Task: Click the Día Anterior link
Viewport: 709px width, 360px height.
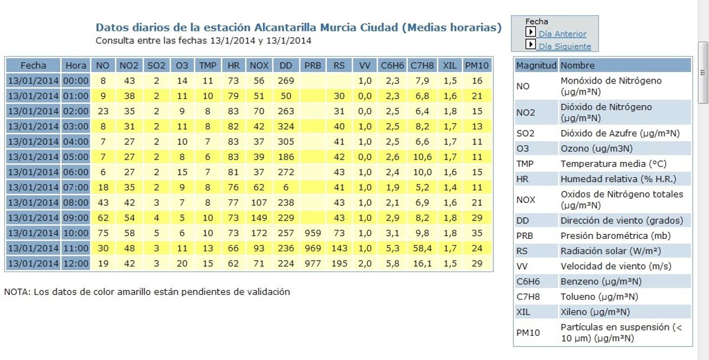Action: coord(562,34)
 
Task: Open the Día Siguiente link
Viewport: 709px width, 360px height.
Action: coord(564,47)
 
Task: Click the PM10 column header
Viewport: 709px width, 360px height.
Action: coord(477,65)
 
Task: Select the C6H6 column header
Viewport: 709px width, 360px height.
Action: coord(392,65)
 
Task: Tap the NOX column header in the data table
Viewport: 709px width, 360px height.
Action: coord(259,65)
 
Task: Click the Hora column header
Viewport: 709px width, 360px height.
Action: coord(76,65)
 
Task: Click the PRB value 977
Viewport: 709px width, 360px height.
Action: coord(313,263)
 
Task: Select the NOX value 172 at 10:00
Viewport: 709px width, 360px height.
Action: coord(259,232)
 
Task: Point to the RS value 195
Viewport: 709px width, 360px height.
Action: coord(339,263)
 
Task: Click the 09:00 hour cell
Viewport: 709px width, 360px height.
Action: coord(76,218)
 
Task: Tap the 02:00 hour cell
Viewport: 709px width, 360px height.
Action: coord(76,111)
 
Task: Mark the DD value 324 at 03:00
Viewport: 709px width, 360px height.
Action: coord(285,126)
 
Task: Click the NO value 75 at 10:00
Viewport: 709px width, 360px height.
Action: coord(103,232)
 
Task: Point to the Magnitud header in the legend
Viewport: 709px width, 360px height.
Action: coord(536,65)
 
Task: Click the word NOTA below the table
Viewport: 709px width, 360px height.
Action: coord(17,292)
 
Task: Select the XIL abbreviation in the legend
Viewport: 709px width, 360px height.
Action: coord(522,312)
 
